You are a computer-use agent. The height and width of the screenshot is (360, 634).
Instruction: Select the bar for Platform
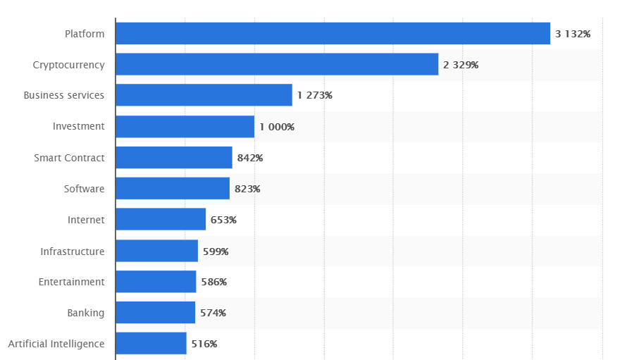332,34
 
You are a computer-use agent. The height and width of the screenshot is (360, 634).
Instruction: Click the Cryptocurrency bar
277,65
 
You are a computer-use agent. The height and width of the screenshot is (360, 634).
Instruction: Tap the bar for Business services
204,95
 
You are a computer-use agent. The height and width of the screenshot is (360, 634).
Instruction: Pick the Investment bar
185,127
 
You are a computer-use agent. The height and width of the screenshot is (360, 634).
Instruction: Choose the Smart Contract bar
173,158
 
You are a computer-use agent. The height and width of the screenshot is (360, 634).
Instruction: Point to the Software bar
173,189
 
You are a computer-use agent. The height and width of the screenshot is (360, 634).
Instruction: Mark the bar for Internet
161,220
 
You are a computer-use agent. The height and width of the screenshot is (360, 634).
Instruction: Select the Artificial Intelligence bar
151,344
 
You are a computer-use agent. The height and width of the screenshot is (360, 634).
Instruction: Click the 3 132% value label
573,34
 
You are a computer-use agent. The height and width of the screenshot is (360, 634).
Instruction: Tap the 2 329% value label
461,65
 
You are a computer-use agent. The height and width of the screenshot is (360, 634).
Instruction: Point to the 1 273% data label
314,96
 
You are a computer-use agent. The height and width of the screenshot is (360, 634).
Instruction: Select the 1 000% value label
277,127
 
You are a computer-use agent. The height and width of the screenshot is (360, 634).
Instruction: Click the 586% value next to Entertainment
213,282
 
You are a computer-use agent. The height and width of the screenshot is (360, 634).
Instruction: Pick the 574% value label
213,313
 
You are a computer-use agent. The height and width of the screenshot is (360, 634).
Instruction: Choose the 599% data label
216,251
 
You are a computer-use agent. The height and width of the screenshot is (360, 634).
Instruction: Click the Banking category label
86,313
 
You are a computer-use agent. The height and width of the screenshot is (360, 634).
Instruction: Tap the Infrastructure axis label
73,251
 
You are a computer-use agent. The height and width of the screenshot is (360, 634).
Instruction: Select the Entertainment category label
71,282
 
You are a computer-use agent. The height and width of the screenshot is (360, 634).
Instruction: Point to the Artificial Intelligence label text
56,344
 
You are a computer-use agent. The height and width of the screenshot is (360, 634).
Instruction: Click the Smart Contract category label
69,158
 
